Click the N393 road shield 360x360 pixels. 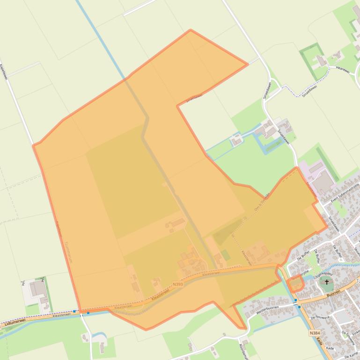click(177, 284)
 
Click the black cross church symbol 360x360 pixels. click(327, 282)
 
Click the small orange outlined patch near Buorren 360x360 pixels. click(296, 284)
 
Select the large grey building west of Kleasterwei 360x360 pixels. click(37, 288)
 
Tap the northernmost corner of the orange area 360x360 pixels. click(190, 30)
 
